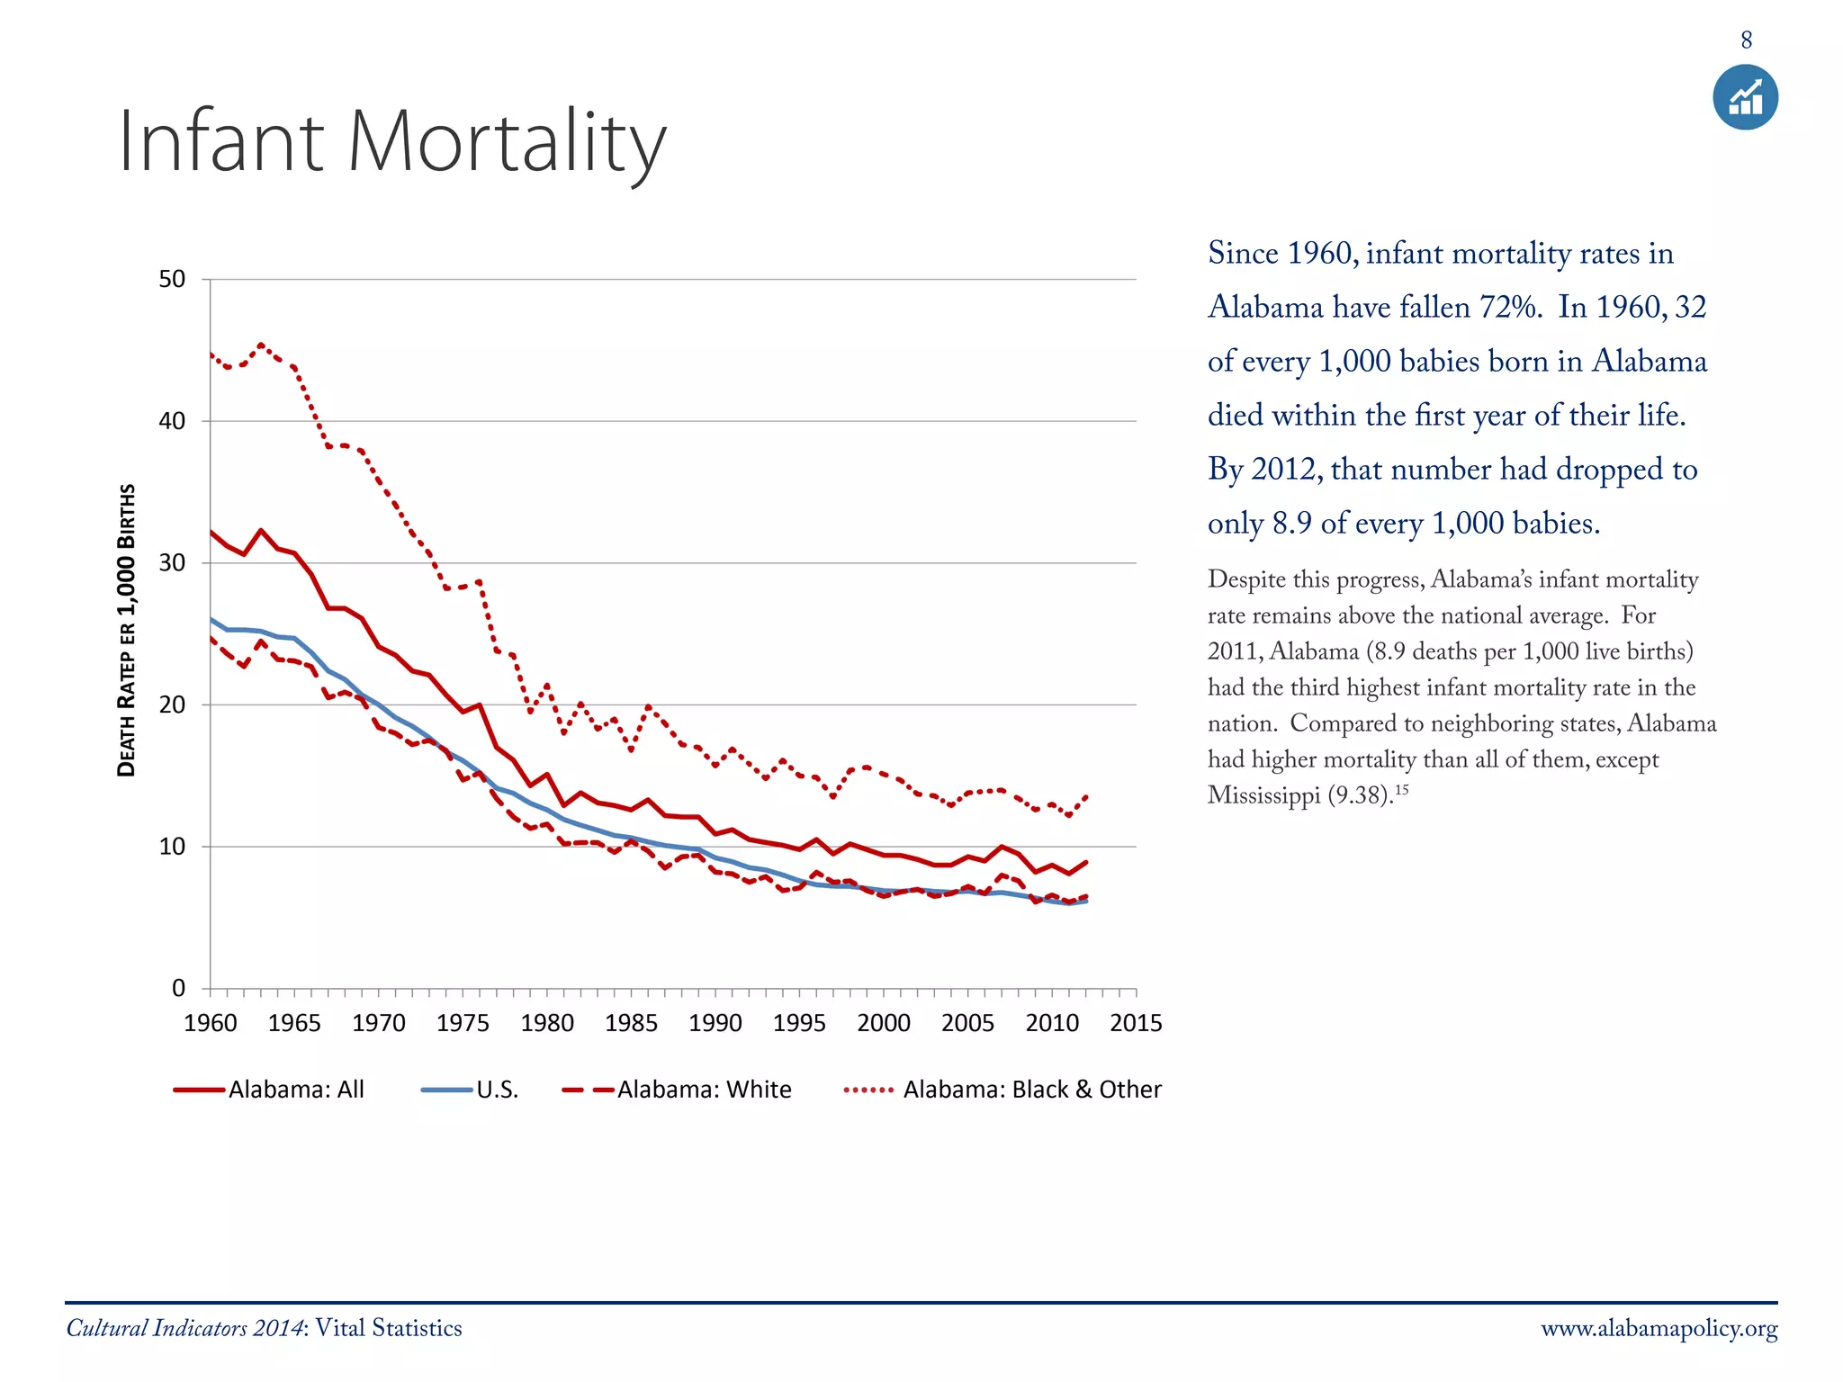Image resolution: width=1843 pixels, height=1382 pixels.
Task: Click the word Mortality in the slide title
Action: point(507,141)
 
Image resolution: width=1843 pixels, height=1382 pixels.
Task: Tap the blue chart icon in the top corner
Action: point(1745,97)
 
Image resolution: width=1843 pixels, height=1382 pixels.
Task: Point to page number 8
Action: point(1746,40)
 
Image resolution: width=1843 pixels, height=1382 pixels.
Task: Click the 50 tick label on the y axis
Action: point(172,280)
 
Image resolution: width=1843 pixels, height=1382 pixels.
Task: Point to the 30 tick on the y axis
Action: point(172,563)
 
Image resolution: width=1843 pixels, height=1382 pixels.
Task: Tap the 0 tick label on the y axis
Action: point(178,989)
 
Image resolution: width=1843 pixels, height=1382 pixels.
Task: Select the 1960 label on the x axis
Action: point(210,1023)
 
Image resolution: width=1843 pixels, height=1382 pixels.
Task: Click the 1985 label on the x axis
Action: point(631,1023)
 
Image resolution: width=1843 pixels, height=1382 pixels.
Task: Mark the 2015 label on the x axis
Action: point(1136,1023)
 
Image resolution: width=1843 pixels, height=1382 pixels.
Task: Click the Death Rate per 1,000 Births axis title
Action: point(127,630)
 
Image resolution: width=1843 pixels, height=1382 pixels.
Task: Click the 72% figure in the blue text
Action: point(1506,308)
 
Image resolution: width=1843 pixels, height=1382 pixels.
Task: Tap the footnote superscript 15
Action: point(1401,789)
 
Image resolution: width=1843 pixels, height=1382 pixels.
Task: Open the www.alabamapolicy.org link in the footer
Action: point(1659,1329)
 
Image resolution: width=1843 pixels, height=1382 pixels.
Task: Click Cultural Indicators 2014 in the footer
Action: point(186,1329)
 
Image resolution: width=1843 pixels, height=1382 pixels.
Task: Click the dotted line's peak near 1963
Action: point(261,345)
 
